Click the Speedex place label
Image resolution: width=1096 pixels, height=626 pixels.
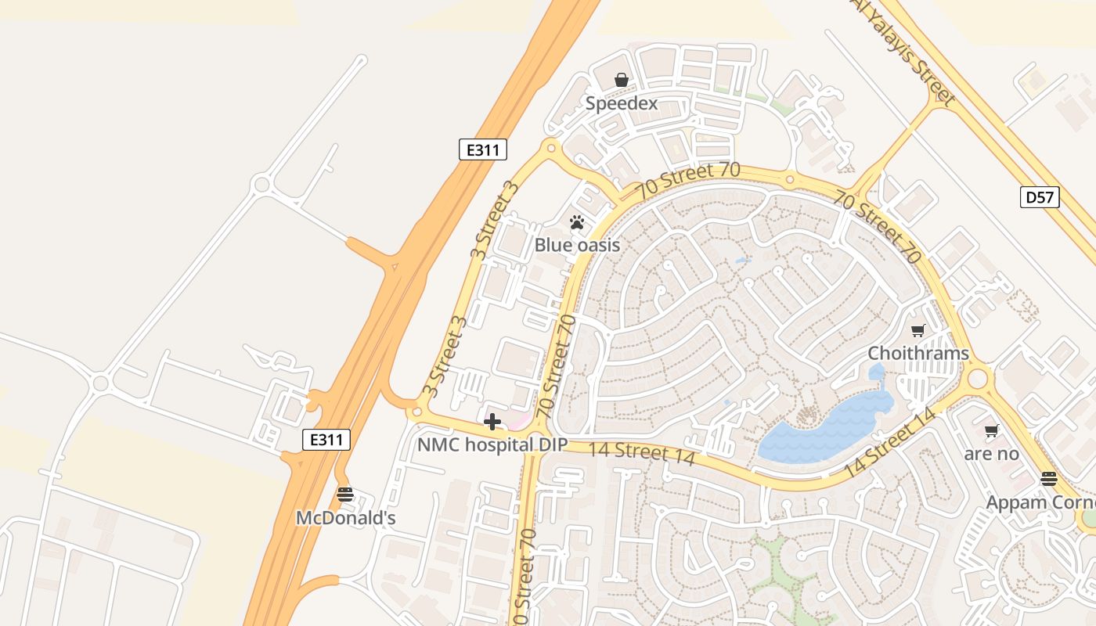[x=622, y=103]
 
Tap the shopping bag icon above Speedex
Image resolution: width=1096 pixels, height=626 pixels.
[x=622, y=80]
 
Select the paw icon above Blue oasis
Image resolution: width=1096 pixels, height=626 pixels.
[x=578, y=222]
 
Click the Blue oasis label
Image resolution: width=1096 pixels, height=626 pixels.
[x=577, y=245]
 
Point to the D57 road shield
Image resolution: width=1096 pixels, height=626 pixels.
[x=1040, y=197]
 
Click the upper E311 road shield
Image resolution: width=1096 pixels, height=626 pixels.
[x=482, y=149]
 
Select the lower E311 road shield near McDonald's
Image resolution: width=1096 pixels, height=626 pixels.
[x=326, y=440]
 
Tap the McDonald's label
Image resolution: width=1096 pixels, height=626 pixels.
[x=345, y=518]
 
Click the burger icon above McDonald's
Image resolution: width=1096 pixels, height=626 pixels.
[x=345, y=495]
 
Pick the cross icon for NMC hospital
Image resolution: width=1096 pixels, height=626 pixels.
[x=492, y=423]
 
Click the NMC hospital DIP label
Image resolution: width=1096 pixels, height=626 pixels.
[x=492, y=445]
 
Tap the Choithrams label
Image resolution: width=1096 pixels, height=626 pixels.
[x=918, y=353]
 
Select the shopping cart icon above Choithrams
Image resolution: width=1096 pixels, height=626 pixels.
[x=918, y=330]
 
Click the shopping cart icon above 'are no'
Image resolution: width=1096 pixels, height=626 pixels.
[x=992, y=430]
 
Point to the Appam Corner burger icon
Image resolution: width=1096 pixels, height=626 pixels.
[x=1049, y=479]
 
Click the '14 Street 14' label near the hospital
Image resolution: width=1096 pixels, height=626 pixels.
[x=641, y=452]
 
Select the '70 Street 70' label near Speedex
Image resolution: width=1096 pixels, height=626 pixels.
[x=687, y=179]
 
